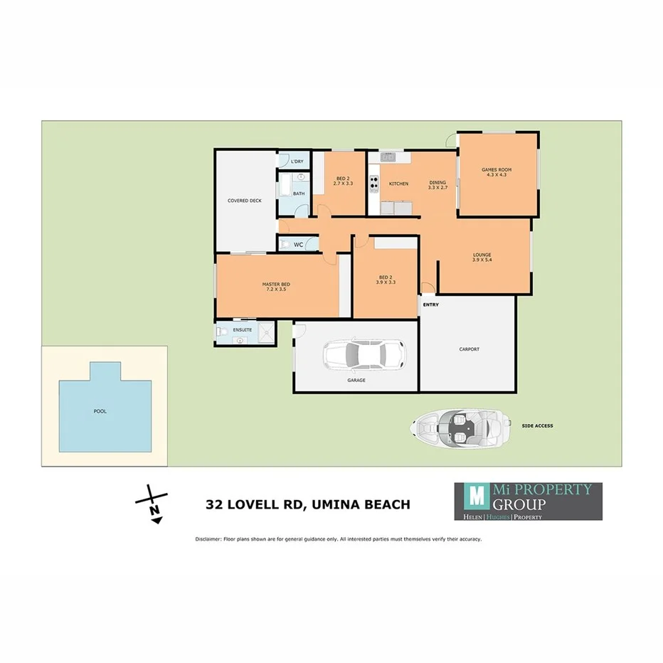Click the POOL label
(100, 411)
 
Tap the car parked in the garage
(364, 354)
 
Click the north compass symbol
(152, 503)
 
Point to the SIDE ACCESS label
(537, 426)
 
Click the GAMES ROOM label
(497, 171)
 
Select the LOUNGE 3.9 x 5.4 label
(482, 257)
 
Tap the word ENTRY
(431, 305)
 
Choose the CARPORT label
(469, 349)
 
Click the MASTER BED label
(276, 287)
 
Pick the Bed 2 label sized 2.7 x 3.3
(343, 181)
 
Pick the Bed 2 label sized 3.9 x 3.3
(386, 280)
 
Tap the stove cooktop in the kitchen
(373, 184)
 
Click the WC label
(299, 245)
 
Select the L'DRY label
(297, 161)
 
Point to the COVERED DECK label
(245, 201)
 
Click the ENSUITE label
(242, 329)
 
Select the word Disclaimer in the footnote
(208, 539)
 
